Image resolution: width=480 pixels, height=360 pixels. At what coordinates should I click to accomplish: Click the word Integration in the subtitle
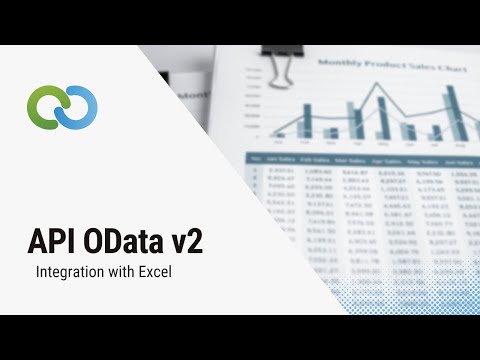(69, 271)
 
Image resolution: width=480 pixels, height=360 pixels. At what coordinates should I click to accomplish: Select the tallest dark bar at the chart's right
(452, 110)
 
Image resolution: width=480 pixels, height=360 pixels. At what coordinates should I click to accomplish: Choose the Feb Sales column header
(319, 160)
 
